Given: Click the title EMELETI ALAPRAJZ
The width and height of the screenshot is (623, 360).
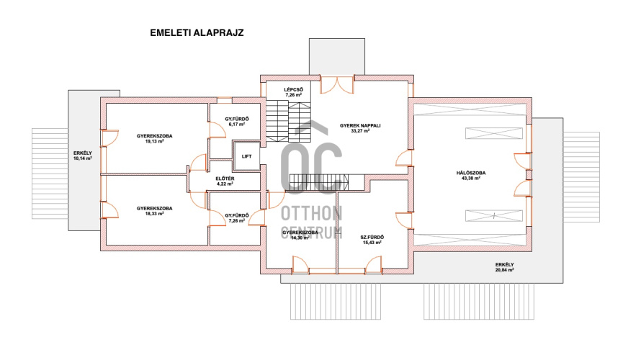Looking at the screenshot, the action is [197, 33].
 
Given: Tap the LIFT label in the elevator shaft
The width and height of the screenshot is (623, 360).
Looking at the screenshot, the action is [247, 156].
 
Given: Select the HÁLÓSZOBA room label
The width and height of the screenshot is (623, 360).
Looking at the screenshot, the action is [471, 173].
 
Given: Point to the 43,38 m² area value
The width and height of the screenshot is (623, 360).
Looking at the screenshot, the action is [471, 179].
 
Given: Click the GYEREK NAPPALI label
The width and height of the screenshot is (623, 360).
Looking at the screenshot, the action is [360, 125].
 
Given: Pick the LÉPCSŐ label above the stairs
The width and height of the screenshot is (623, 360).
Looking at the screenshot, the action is [294, 90].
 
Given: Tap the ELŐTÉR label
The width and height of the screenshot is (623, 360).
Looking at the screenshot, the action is [225, 179].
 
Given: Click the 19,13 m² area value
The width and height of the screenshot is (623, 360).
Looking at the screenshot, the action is [155, 141].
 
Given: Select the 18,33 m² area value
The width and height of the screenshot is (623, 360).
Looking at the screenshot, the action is [155, 213].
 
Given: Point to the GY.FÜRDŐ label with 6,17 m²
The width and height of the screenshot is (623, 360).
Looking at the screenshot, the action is [237, 119].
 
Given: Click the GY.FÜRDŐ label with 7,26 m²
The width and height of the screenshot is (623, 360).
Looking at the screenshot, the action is [237, 215].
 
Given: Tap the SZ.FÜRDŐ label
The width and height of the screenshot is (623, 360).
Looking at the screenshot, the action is [372, 237].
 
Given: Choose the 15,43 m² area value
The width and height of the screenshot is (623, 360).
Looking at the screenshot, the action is [372, 243].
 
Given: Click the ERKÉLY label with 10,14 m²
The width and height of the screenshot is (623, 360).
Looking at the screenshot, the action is [83, 153].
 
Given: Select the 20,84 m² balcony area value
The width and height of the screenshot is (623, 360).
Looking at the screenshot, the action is [505, 270].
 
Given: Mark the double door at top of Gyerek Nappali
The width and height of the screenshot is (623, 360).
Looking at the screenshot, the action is [337, 85].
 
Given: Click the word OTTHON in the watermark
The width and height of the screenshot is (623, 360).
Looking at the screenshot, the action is [311, 214].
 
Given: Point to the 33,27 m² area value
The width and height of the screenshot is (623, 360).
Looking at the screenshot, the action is [360, 131].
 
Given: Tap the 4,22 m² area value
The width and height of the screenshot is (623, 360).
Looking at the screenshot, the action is [225, 184].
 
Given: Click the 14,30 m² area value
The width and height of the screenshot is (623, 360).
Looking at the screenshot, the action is [300, 238].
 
